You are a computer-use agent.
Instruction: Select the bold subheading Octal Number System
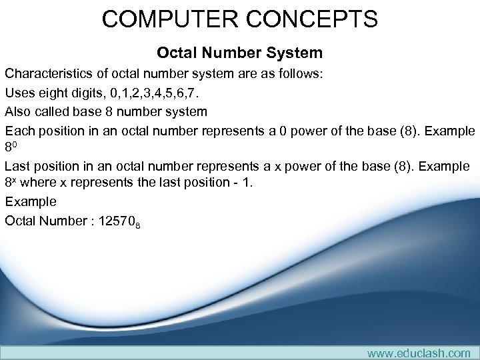click(239, 52)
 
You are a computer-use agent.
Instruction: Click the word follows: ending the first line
click(299, 73)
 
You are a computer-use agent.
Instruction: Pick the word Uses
click(19, 92)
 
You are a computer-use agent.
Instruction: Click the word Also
click(18, 111)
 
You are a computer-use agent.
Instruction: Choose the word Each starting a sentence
click(19, 130)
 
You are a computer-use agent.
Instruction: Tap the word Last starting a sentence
click(18, 165)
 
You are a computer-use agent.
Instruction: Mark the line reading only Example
click(31, 201)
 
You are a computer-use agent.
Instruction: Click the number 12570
click(115, 220)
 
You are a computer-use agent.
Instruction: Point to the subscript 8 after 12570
click(137, 224)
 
